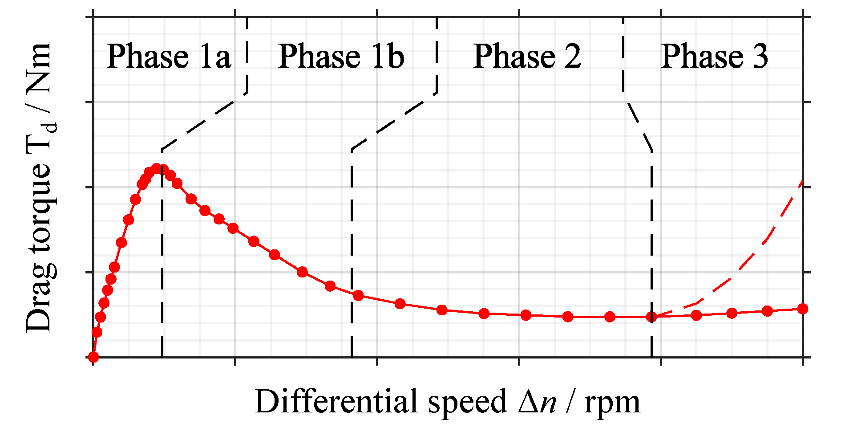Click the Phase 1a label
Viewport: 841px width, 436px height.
(x=169, y=57)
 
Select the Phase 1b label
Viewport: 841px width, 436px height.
(x=341, y=57)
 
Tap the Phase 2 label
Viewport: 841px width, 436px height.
(x=527, y=57)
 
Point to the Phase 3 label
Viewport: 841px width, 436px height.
(x=715, y=57)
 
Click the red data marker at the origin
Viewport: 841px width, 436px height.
(x=93, y=357)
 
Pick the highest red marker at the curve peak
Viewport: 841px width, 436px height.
(x=156, y=168)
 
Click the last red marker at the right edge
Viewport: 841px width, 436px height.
(x=803, y=309)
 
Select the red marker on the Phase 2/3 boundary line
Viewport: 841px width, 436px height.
(x=652, y=317)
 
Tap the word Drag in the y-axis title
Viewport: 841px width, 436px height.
(x=39, y=307)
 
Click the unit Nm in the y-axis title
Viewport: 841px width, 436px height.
(x=39, y=67)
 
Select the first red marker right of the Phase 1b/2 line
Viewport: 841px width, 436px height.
(x=358, y=295)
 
